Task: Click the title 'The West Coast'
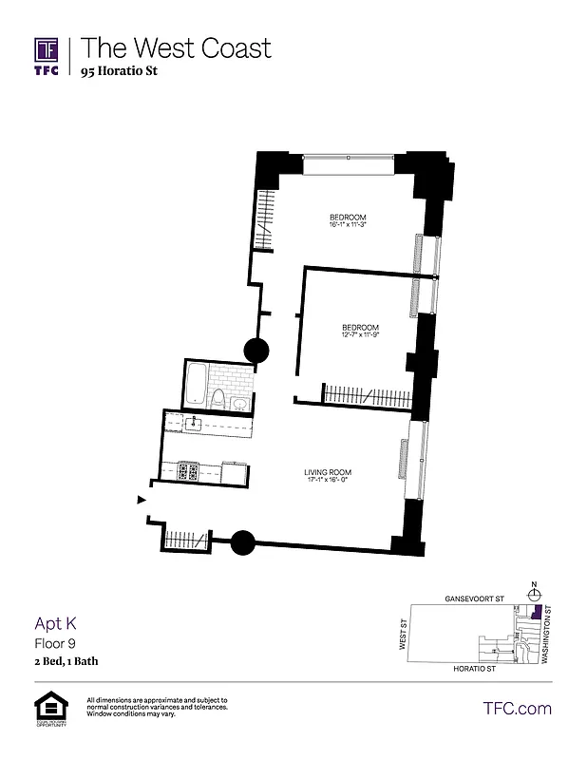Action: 176,47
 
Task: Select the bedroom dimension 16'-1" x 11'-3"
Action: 348,225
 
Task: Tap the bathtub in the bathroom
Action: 196,386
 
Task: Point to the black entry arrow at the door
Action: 142,500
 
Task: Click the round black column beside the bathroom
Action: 256,351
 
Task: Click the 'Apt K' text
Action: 55,623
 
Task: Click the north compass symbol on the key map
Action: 535,593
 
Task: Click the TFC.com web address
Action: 517,708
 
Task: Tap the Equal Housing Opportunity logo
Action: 47,709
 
